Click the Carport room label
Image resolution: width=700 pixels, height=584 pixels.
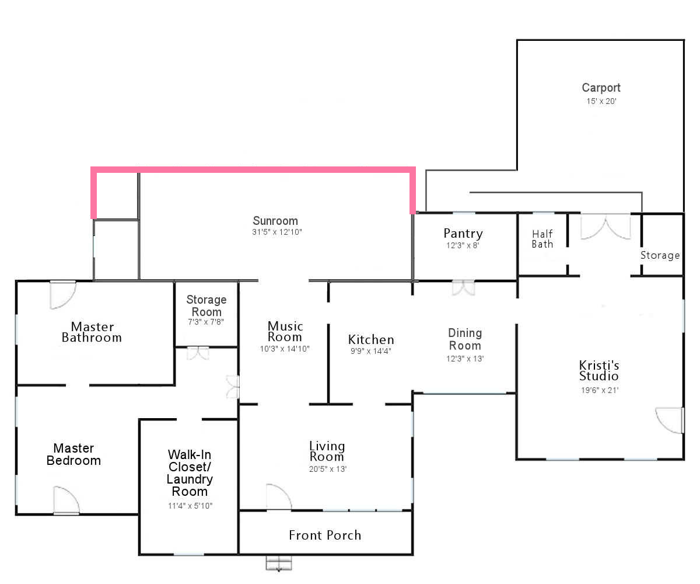(601, 88)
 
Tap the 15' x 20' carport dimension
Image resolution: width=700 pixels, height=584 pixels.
(601, 101)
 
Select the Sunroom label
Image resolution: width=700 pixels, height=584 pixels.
(275, 221)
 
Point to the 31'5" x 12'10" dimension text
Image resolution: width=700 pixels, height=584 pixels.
(277, 232)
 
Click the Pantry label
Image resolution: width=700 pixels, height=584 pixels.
(463, 234)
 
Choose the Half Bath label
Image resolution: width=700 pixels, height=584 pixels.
(542, 239)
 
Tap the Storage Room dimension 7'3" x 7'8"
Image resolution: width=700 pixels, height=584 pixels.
(206, 322)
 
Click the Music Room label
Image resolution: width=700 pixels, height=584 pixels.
(285, 331)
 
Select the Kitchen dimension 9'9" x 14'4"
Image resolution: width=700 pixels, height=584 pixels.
(371, 351)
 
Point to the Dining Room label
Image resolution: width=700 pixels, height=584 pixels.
(465, 339)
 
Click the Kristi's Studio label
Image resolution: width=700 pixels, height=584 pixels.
(599, 370)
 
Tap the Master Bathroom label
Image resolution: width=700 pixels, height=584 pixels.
(92, 332)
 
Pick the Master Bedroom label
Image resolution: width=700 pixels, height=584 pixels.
(73, 454)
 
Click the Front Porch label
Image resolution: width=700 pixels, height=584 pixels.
(325, 535)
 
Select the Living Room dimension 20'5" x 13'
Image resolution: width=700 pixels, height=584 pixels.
(327, 469)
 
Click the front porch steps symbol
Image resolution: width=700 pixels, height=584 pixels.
(279, 563)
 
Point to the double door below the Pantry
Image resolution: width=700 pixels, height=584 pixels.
(463, 288)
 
